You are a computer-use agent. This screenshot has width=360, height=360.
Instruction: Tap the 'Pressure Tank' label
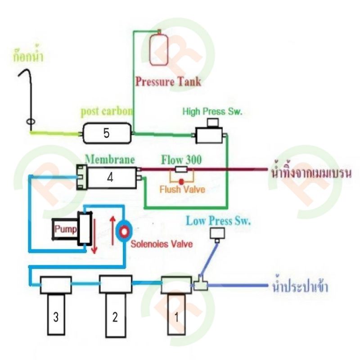tap(168, 82)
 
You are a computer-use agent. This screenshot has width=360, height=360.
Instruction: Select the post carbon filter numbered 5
tap(107, 133)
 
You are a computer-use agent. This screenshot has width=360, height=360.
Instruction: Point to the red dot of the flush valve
tap(181, 182)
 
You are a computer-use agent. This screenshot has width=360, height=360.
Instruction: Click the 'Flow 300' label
tap(181, 160)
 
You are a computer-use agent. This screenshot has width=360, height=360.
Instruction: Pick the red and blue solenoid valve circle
tap(124, 231)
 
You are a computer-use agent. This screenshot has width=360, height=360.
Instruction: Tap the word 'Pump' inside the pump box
tap(65, 229)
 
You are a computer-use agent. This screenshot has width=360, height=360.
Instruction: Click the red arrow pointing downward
tap(94, 236)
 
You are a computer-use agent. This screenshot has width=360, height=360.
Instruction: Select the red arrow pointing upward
tap(112, 230)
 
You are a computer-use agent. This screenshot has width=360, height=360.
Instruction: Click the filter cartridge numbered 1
tap(176, 306)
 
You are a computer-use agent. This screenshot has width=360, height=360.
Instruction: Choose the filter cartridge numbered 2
tap(116, 306)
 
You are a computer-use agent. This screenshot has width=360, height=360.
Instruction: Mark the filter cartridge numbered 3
tap(56, 306)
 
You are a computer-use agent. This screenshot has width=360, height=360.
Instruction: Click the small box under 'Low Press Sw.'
tap(217, 234)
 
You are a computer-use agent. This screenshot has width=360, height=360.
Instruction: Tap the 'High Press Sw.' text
tap(212, 111)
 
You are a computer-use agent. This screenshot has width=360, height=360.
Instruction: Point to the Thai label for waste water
tap(311, 172)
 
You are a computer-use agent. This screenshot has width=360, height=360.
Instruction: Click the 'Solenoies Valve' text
tap(162, 244)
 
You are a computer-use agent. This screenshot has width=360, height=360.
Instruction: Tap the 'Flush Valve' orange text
tap(182, 189)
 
